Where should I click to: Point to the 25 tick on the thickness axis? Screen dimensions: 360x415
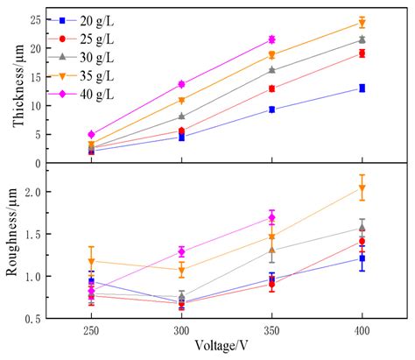(x=35, y=19)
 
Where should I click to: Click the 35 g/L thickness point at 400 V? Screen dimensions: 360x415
(x=362, y=23)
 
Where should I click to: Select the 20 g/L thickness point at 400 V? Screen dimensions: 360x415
(x=362, y=88)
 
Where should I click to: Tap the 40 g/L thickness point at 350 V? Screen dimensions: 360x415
(x=271, y=39)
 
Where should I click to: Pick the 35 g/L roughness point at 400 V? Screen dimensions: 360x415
(x=362, y=188)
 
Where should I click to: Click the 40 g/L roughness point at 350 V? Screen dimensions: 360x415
(x=271, y=217)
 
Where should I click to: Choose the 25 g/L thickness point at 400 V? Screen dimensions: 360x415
(x=362, y=53)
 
